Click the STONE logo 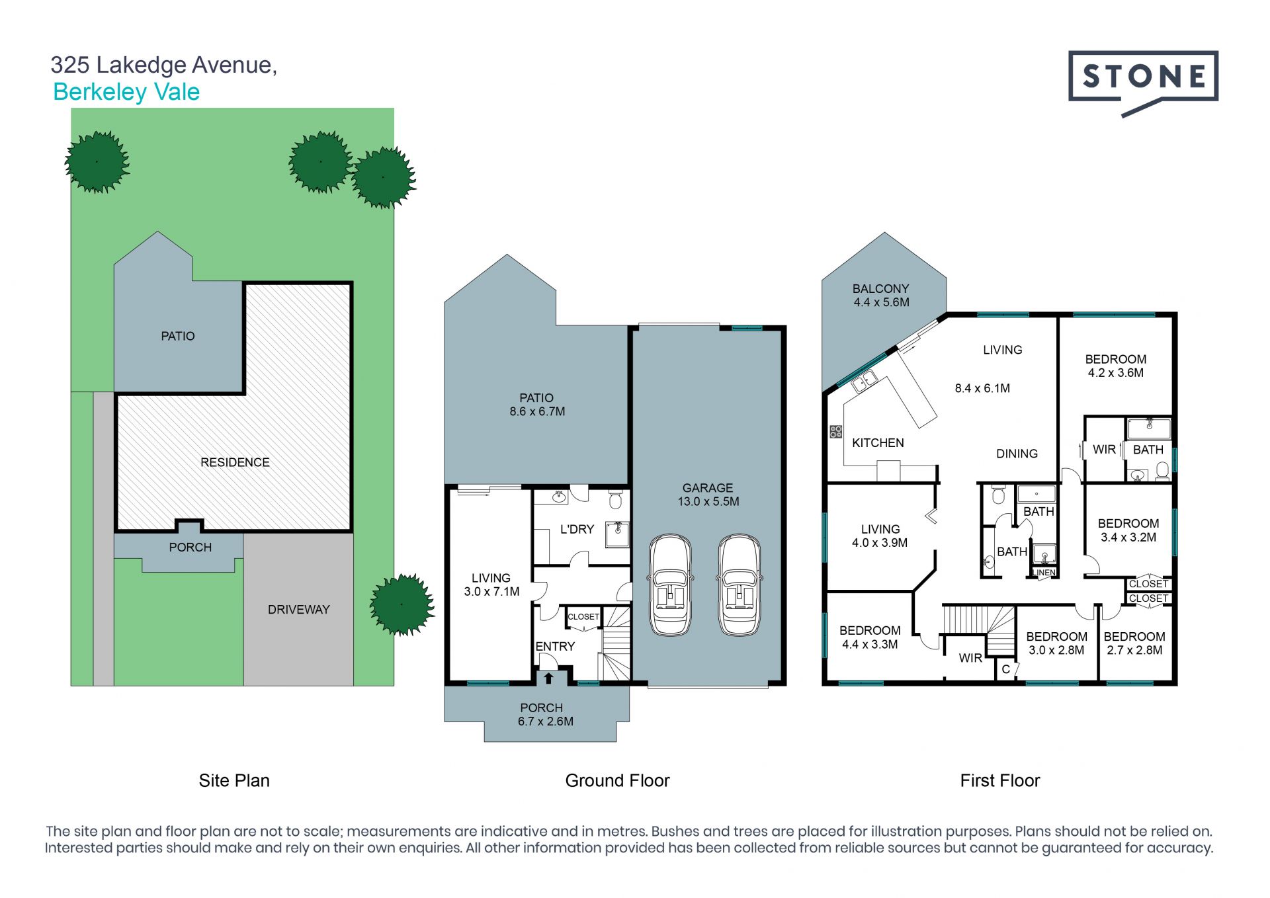click(x=1143, y=83)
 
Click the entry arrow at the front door click(x=548, y=678)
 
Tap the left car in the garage click(x=671, y=585)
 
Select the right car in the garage click(x=740, y=585)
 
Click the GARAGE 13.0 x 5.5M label click(x=708, y=495)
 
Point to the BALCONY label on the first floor click(x=881, y=289)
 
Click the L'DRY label click(x=577, y=529)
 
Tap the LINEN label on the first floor click(x=1044, y=573)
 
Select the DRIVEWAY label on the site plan click(x=298, y=610)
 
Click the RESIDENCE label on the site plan click(x=235, y=462)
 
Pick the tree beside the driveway click(x=402, y=604)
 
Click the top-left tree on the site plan click(x=97, y=162)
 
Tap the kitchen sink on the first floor click(x=865, y=382)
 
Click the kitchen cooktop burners click(x=836, y=432)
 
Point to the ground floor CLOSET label click(x=583, y=617)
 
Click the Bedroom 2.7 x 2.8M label click(x=1134, y=643)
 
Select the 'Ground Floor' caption click(x=617, y=781)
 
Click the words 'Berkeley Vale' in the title click(x=126, y=92)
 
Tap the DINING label click(x=1017, y=454)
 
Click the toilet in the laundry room click(x=615, y=500)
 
